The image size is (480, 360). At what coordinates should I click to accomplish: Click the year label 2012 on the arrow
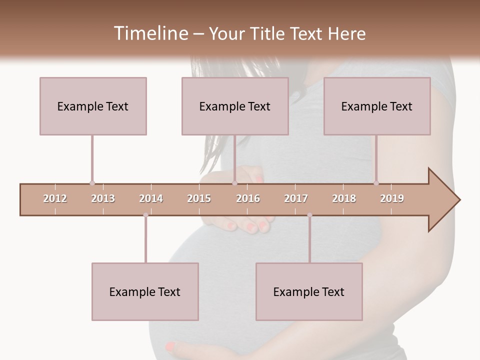55,199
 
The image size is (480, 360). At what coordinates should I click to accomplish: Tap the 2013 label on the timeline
103,199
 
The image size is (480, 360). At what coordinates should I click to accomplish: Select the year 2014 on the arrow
151,199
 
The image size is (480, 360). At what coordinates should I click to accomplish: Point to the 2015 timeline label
199,199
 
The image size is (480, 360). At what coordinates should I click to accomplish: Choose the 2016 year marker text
248,199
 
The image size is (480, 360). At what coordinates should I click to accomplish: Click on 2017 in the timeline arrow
296,199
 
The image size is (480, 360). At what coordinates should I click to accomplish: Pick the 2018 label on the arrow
344,199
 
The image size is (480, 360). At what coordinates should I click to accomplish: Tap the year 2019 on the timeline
392,199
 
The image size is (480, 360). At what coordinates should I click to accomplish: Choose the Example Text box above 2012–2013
93,106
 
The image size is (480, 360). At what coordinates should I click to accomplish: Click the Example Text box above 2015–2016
235,106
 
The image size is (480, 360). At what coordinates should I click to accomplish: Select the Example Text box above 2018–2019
377,106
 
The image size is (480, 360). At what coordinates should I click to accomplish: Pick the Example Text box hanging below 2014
145,291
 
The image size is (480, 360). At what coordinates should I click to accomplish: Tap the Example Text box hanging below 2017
309,291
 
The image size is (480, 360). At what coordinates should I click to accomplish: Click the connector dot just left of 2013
92,183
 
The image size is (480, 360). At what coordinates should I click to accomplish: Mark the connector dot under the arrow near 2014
145,215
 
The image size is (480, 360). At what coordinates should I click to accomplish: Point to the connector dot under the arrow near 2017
309,215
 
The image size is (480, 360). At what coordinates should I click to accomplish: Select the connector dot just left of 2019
376,183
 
